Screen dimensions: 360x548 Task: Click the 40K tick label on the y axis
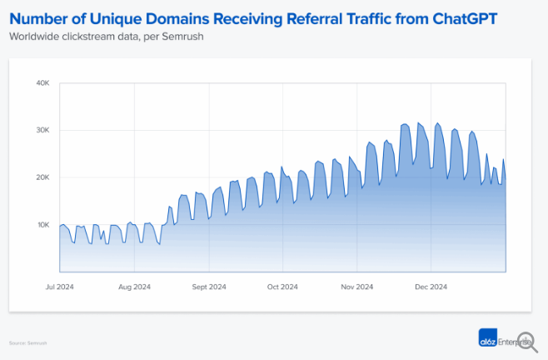[x=43, y=83]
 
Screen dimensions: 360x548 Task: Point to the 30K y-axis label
[x=43, y=131]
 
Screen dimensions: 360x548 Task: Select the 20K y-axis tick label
[x=43, y=177]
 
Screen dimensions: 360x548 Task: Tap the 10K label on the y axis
[x=43, y=225]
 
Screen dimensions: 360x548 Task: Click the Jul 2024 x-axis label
[x=60, y=287]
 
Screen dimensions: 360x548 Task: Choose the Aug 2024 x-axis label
[x=134, y=287]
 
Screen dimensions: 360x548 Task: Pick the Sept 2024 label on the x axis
[x=209, y=287]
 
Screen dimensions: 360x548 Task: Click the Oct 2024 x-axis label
[x=283, y=287]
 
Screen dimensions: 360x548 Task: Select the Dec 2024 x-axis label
[x=431, y=287]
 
